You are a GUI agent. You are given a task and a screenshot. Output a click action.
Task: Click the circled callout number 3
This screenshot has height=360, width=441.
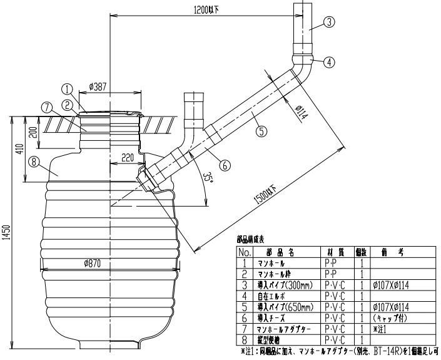pos(330,21)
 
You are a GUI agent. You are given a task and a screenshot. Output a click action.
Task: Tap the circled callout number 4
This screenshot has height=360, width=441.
pos(330,61)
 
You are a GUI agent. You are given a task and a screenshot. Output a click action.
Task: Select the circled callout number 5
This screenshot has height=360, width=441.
pos(261,131)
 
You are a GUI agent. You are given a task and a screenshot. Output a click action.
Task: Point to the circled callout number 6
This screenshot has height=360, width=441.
pos(225,165)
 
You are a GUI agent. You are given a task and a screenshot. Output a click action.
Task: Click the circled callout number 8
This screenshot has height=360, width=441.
pos(35,160)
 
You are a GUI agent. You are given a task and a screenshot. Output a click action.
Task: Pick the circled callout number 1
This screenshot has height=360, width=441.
pos(68,89)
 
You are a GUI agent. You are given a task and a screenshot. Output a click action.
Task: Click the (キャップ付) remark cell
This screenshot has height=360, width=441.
pos(392,318)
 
